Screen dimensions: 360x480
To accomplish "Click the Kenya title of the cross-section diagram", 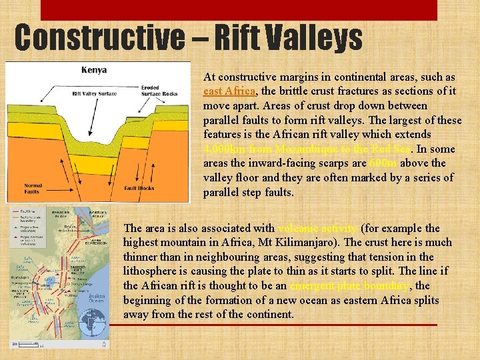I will [x=94, y=70].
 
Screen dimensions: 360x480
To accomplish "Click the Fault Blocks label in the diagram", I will [x=139, y=188].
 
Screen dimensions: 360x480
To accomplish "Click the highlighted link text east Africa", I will [x=229, y=91].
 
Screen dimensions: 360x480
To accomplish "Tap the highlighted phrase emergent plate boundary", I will [x=351, y=286].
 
